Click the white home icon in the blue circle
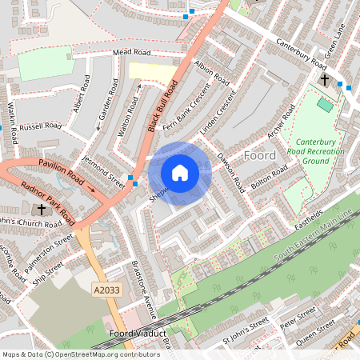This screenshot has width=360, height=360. tap(180, 173)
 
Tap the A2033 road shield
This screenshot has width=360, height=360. tap(104, 289)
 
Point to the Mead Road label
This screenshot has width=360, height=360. tap(132, 52)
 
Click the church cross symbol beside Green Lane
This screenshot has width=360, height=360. tap(325, 80)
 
